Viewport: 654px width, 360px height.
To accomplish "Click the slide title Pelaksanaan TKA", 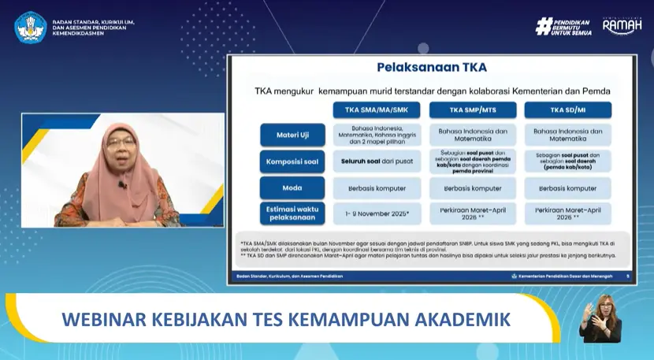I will (431, 68).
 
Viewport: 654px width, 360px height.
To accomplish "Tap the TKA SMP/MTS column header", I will (472, 109).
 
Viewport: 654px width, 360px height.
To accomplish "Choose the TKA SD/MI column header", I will (567, 109).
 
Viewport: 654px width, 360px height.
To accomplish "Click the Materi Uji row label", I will (292, 135).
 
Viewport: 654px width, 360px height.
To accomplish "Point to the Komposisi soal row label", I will (292, 161).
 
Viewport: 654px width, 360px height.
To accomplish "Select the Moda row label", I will (292, 187).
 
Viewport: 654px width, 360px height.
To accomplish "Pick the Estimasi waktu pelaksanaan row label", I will (292, 213).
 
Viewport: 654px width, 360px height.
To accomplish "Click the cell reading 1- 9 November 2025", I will (377, 213).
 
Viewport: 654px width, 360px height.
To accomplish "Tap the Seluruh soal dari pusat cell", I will (377, 161).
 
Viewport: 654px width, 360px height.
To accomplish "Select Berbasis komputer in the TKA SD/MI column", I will (567, 187).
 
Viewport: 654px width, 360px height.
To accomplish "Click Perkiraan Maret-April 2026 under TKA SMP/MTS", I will (472, 213).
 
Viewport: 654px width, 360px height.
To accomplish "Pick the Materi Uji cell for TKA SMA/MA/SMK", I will (377, 135).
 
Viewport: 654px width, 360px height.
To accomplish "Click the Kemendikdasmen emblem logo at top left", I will (31, 27).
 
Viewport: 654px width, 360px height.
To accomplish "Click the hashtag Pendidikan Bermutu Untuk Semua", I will (564, 26).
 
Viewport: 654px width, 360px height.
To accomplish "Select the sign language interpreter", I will (600, 318).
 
